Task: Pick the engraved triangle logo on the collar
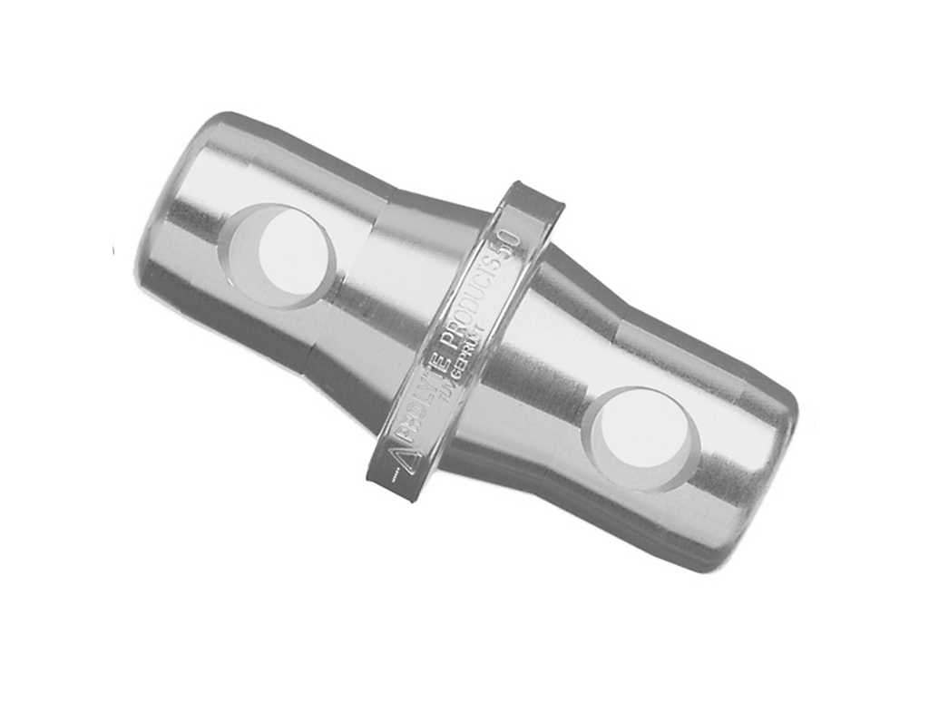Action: (x=399, y=451)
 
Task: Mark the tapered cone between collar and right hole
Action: (x=544, y=363)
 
